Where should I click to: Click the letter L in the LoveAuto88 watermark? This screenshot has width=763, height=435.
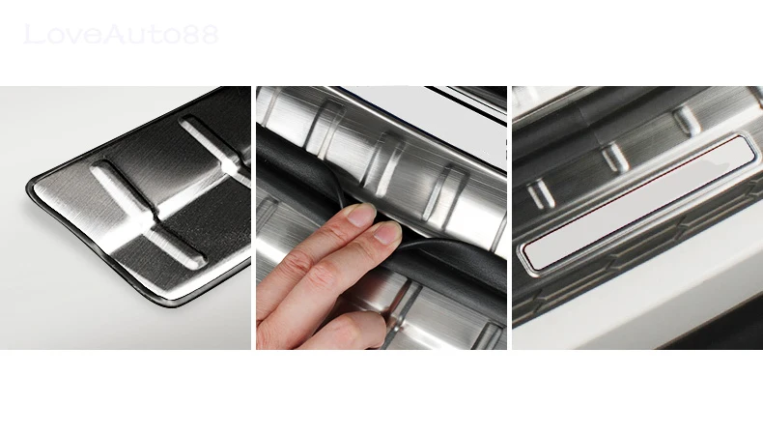click(33, 35)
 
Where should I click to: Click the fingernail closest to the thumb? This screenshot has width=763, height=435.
click(387, 233)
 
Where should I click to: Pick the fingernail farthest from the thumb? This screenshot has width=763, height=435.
click(360, 215)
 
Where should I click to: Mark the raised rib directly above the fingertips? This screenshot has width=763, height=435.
click(385, 164)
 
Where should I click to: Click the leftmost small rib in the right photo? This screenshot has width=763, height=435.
click(540, 194)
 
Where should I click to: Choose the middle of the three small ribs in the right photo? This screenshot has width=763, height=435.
click(615, 157)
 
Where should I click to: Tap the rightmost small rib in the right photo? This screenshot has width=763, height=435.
click(687, 121)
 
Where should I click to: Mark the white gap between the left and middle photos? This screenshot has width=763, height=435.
click(253, 217)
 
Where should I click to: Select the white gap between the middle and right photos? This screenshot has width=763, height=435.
click(510, 217)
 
